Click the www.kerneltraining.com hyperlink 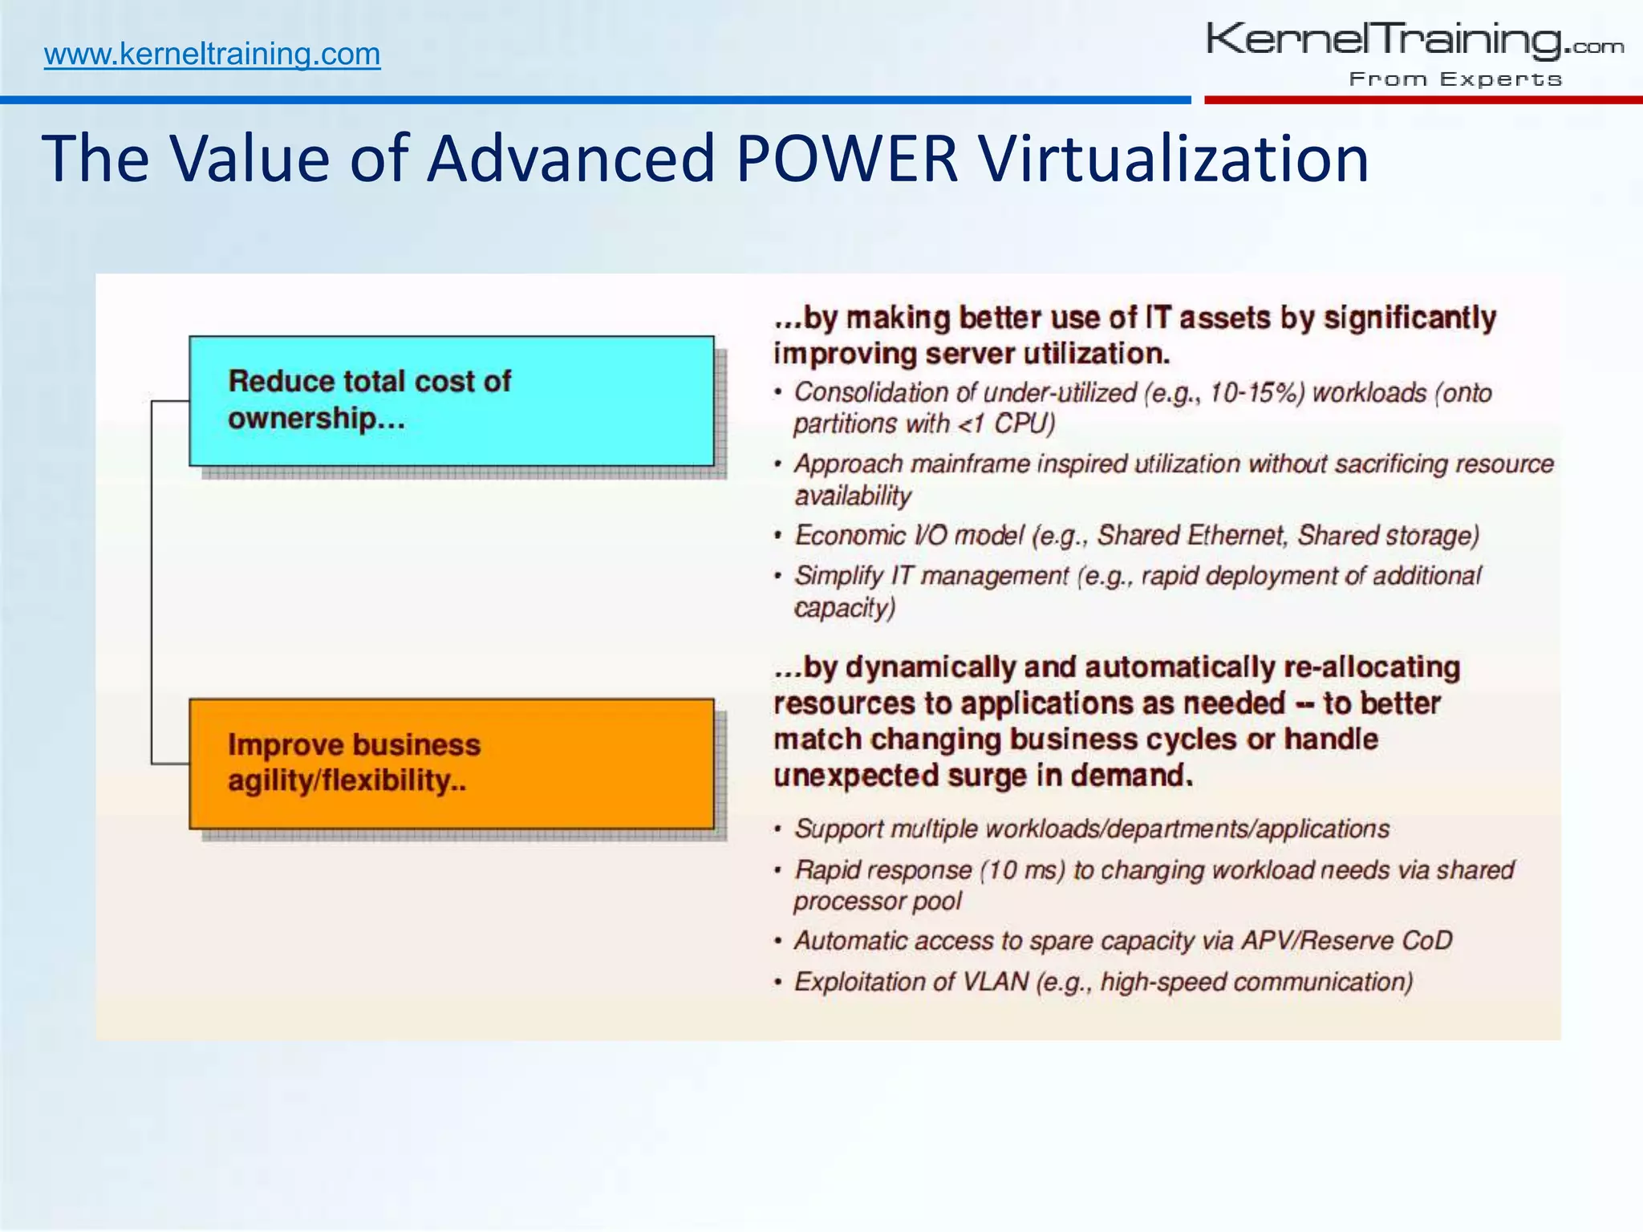click(212, 55)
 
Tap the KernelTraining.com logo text click(1414, 40)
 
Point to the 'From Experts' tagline click(1455, 79)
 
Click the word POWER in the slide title click(846, 158)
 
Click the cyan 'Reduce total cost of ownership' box click(451, 400)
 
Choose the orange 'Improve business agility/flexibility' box click(451, 764)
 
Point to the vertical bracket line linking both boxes click(152, 582)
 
